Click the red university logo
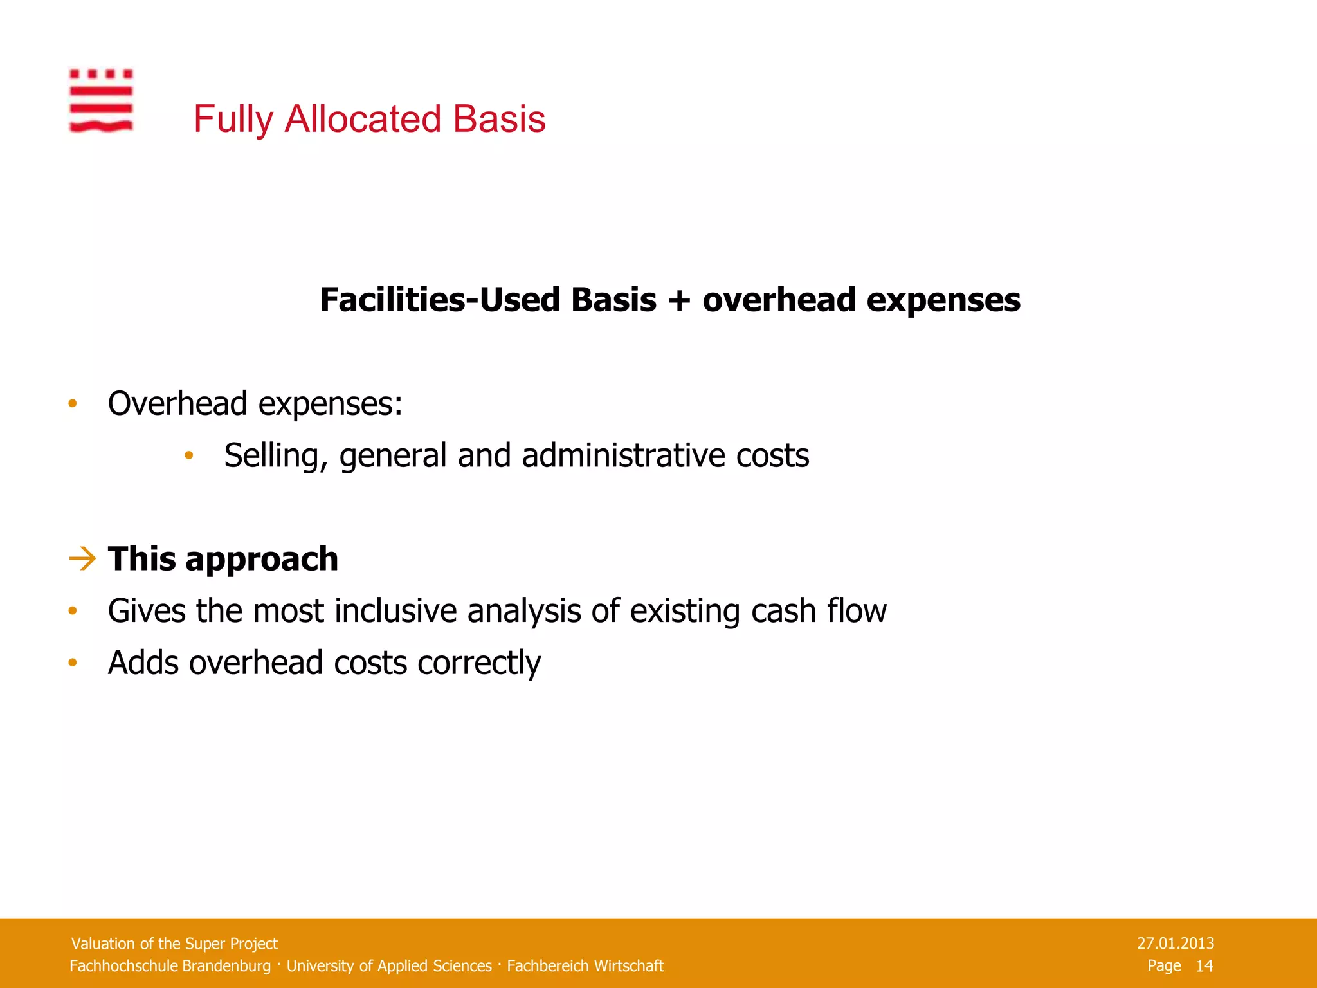101,100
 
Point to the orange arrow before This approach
82,558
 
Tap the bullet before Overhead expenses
73,404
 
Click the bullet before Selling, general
188,455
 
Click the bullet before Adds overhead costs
73,663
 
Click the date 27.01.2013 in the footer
1175,943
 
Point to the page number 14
1204,965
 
